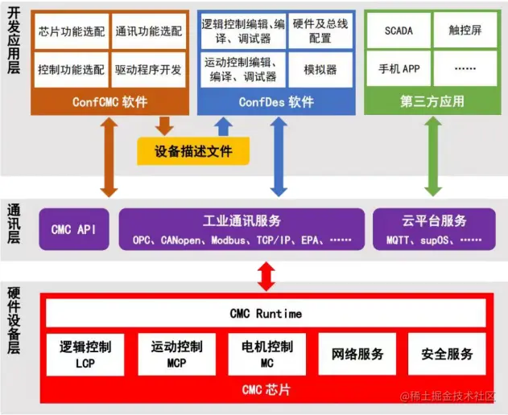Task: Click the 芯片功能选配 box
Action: tap(71, 32)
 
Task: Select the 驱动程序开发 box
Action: tap(148, 70)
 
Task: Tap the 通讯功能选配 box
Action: tap(148, 32)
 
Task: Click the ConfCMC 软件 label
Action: tap(109, 102)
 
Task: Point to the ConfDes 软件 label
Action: tap(276, 102)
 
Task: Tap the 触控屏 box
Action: tap(465, 31)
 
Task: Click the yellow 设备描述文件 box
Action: tap(193, 150)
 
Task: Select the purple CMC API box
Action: tap(73, 229)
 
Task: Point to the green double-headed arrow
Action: tap(433, 156)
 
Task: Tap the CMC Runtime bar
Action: tap(266, 313)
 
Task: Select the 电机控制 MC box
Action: tap(267, 355)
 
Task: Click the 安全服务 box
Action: tap(447, 355)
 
